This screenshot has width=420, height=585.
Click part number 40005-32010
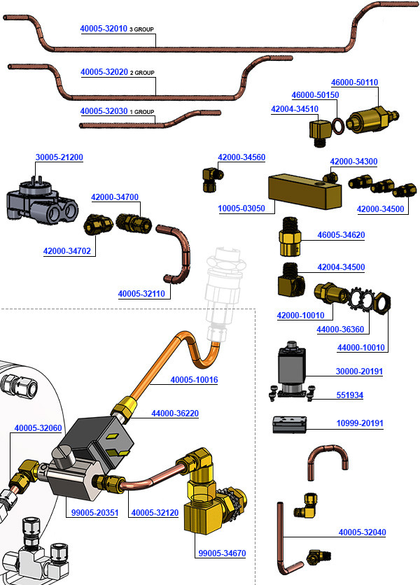[x=104, y=29]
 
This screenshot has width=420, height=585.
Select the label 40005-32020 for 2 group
[x=104, y=72]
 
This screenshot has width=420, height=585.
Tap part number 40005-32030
[x=104, y=111]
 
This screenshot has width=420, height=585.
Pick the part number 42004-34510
[x=294, y=108]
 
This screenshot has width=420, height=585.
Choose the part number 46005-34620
[x=341, y=235]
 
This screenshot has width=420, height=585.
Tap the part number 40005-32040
[x=362, y=533]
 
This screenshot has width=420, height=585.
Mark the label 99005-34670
[x=223, y=554]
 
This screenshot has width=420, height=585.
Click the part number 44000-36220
[x=175, y=414]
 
